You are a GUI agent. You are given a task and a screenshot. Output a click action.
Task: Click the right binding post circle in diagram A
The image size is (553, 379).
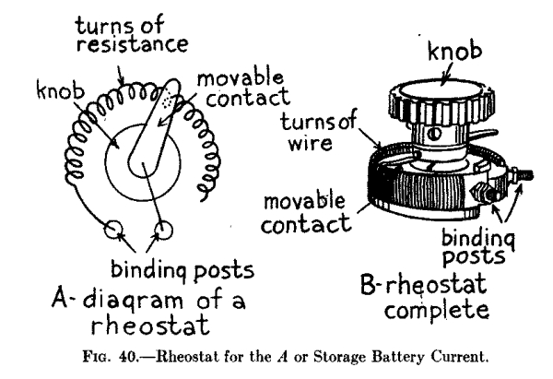coord(165,227)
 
